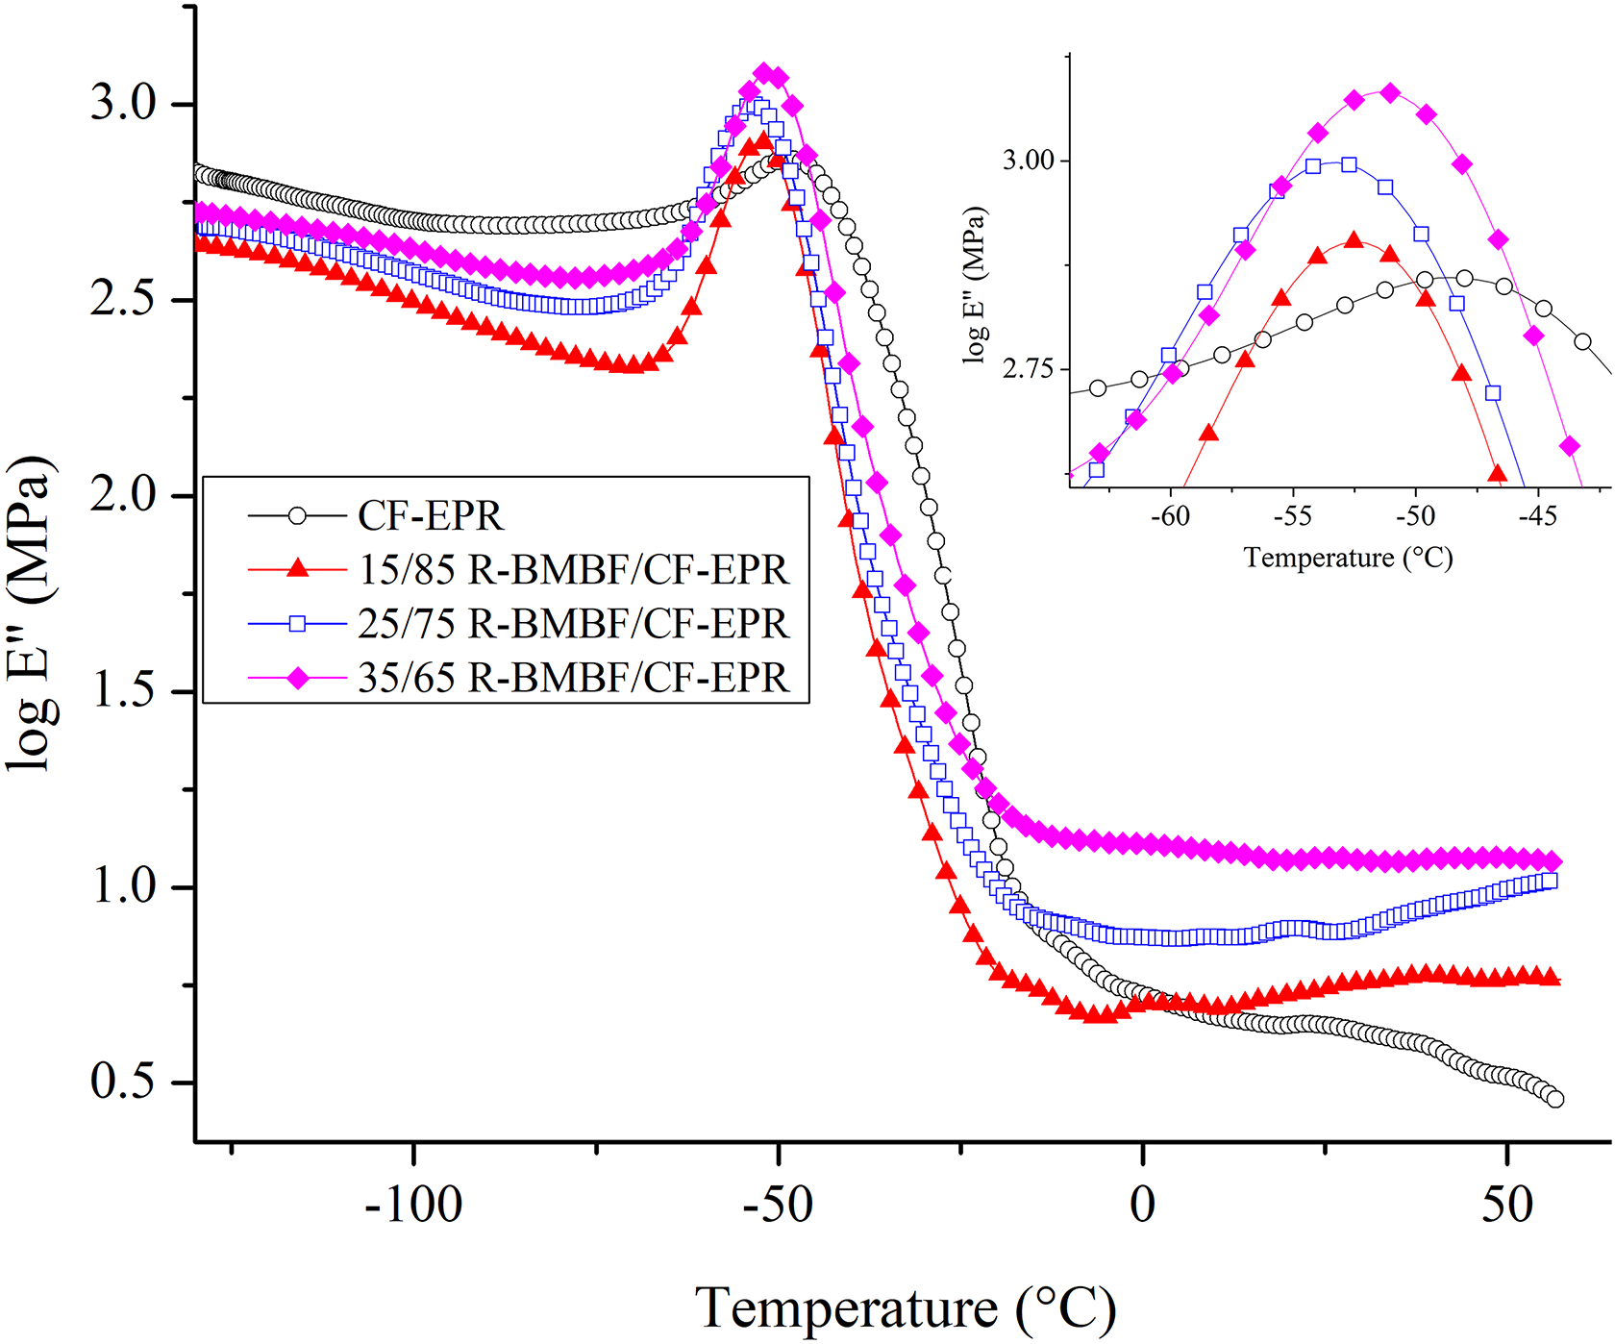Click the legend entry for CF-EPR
430,516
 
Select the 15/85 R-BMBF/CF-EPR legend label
574,570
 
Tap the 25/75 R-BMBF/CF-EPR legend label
574,624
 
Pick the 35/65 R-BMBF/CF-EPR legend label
574,678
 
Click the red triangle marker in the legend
298,569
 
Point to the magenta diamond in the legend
298,679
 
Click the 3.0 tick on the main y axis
124,103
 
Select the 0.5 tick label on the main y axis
124,1082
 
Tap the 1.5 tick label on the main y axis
124,690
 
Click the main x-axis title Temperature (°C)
905,1309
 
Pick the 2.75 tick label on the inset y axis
1029,369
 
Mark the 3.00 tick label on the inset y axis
1029,160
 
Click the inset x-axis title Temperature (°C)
1348,559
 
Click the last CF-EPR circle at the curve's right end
1555,1100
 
